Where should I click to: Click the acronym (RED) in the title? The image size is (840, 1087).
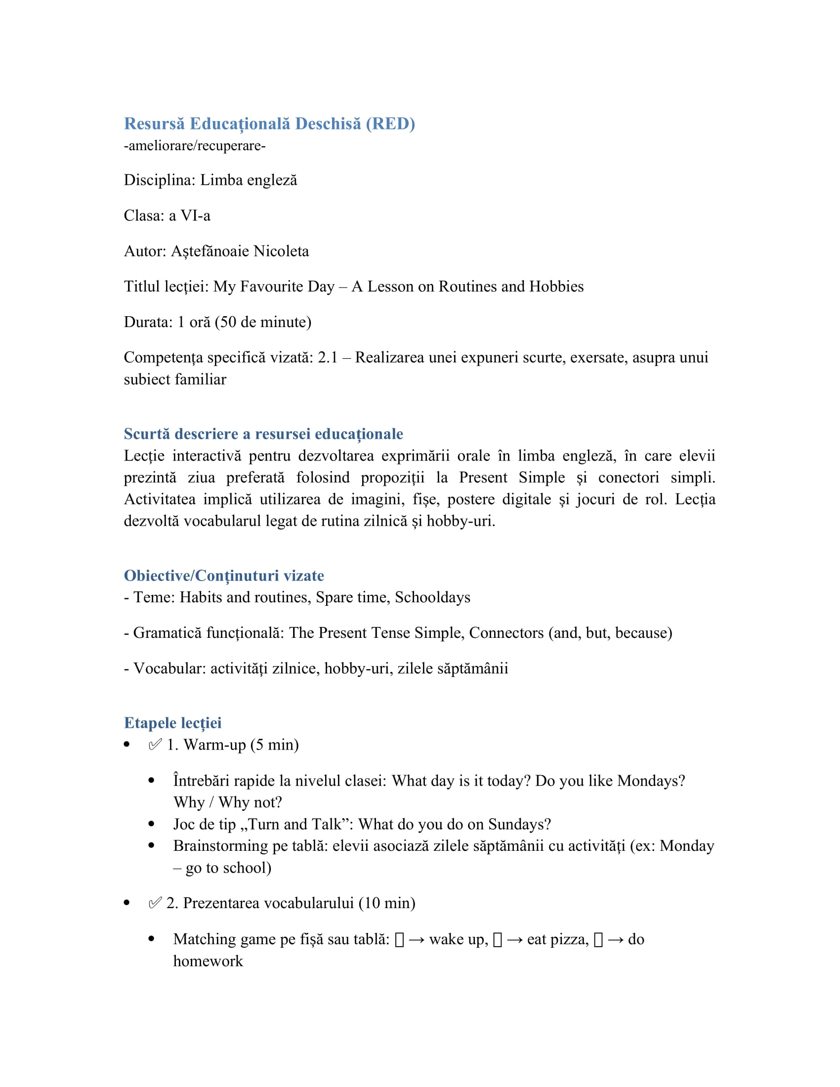click(x=390, y=124)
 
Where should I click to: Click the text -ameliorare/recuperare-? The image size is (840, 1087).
click(x=195, y=146)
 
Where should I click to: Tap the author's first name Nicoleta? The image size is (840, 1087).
click(x=281, y=251)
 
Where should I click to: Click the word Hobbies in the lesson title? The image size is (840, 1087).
click(x=556, y=286)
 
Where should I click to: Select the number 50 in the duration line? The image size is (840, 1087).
click(x=228, y=322)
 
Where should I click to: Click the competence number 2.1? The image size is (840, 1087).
click(x=328, y=357)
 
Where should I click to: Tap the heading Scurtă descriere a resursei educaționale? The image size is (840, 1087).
click(x=263, y=433)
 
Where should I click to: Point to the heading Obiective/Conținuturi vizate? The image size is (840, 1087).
click(x=223, y=575)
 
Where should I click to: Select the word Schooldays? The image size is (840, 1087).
click(x=432, y=597)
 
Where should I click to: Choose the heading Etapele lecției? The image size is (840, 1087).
click(x=172, y=722)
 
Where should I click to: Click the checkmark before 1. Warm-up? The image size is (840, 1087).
click(x=155, y=745)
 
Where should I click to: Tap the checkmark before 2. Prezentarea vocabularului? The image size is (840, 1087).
click(x=155, y=903)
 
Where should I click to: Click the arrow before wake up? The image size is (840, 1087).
click(x=416, y=940)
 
